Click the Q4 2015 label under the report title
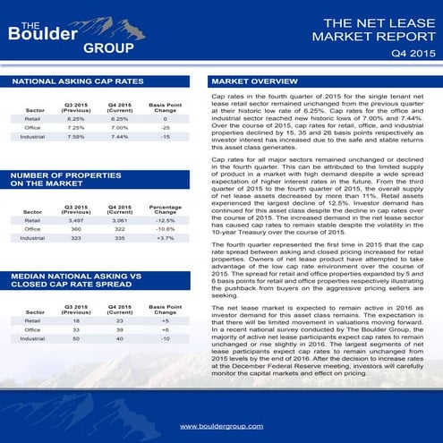pyautogui.click(x=413, y=55)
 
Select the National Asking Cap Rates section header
pyautogui.click(x=78, y=81)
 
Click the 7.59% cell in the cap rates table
pyautogui.click(x=75, y=137)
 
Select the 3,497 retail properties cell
pyautogui.click(x=75, y=219)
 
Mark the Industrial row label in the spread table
pyautogui.click(x=32, y=339)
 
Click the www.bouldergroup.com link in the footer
pyautogui.click(x=221, y=427)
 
